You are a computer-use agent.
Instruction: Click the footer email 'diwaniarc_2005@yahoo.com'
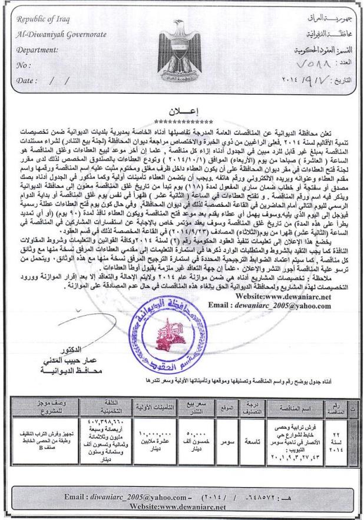point(127,498)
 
